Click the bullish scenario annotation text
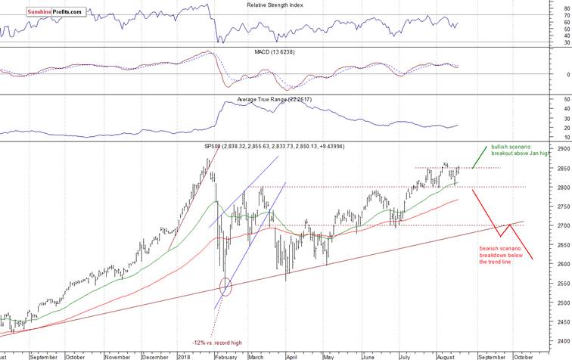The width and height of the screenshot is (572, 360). pos(522,151)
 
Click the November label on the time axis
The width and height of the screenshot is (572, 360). pos(117,355)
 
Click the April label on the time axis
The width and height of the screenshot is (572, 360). pos(289,355)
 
